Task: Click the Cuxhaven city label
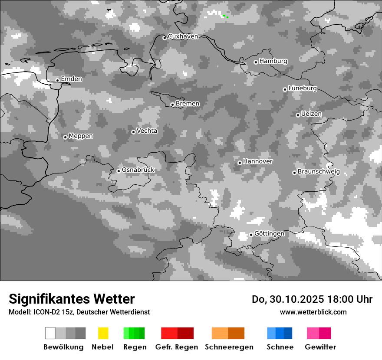point(183,36)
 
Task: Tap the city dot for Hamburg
point(256,62)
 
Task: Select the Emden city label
point(71,79)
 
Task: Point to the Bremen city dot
point(172,105)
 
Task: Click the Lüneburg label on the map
point(303,88)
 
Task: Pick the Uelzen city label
point(311,114)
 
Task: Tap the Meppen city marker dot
point(65,137)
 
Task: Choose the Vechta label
point(147,131)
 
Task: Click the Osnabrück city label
point(138,170)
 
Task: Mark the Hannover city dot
point(240,163)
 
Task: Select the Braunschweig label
point(319,171)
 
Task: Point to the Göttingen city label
point(269,233)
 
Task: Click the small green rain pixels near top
point(225,16)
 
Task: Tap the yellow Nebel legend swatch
point(103,333)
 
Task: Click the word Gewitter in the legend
point(320,347)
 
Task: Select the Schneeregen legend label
point(228,347)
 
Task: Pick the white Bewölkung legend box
point(50,333)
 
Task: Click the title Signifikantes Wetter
point(72,299)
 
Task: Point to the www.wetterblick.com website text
point(313,312)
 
